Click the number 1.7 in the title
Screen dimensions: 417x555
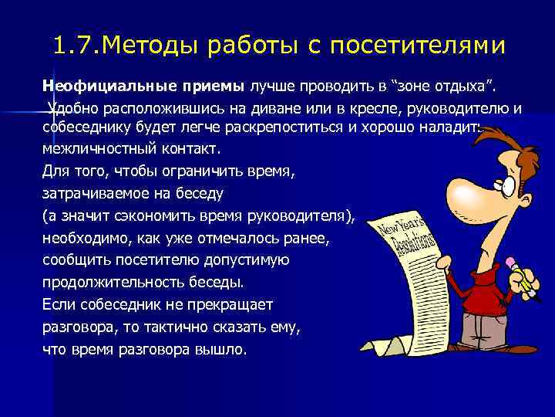pos(75,46)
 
